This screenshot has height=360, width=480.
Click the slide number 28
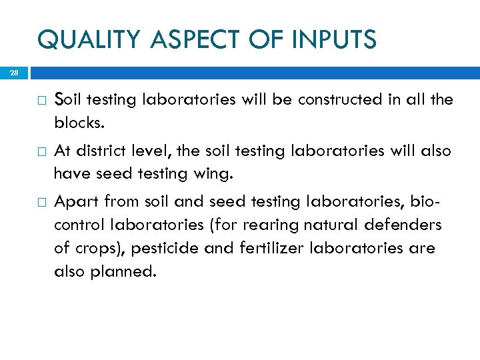click(x=15, y=72)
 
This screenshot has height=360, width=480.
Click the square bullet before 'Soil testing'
click(x=41, y=101)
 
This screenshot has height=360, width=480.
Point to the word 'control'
click(x=76, y=225)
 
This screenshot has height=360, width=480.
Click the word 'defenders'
click(x=405, y=225)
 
